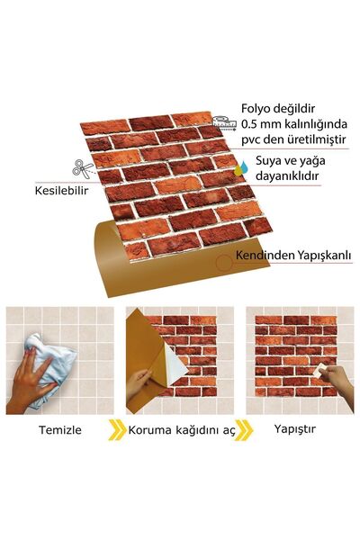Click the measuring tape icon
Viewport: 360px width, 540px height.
[x=226, y=119]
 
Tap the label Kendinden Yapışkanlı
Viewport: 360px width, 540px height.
[x=292, y=256]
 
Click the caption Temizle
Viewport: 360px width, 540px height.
[x=58, y=429]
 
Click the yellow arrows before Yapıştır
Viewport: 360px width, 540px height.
[x=244, y=429]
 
